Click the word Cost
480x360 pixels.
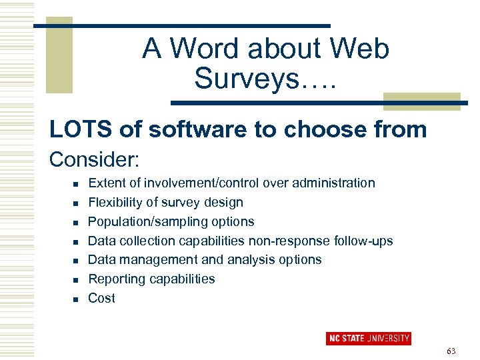point(101,299)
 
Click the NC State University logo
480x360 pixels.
point(368,339)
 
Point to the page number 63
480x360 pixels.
point(451,351)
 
